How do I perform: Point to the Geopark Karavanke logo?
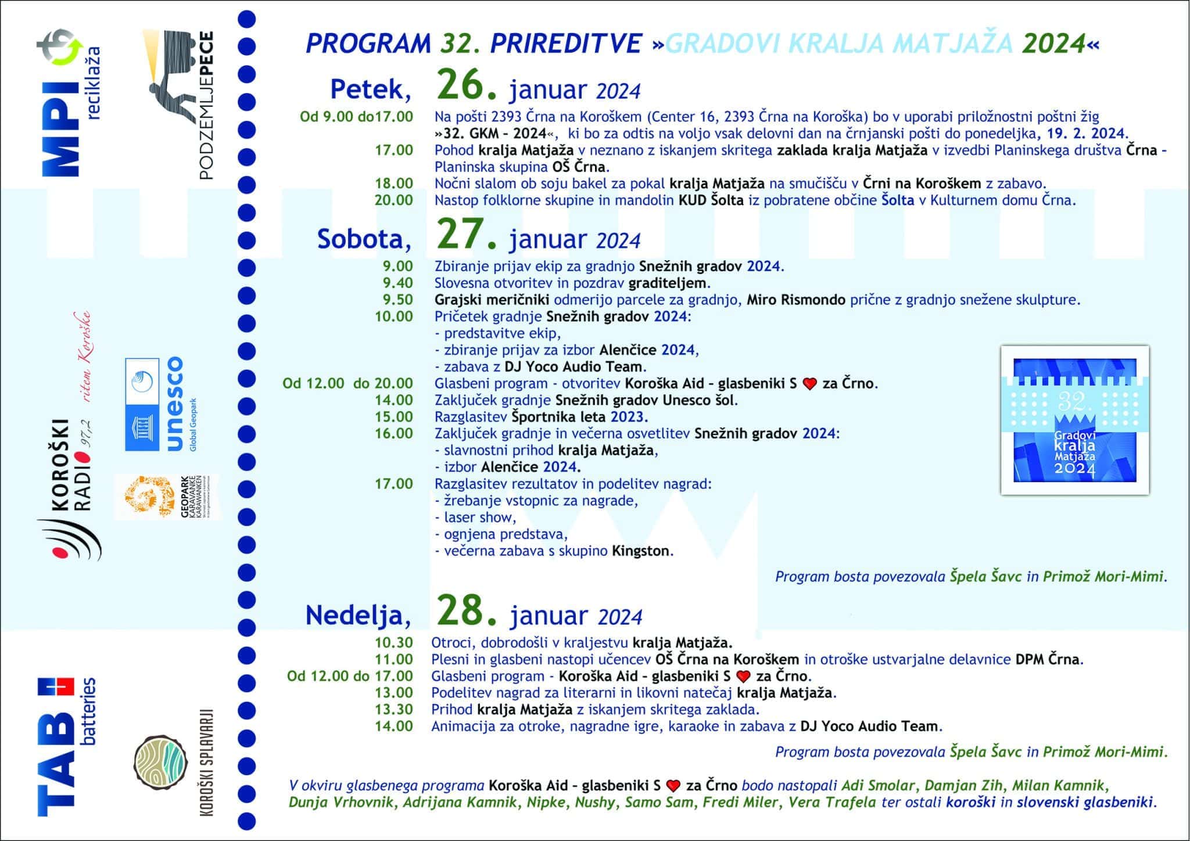(166, 497)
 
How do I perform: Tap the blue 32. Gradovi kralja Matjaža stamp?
(1074, 420)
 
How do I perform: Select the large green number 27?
(467, 235)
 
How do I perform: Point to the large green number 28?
(467, 610)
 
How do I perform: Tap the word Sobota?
(364, 239)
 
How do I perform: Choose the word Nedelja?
(358, 614)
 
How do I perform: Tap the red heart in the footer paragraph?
(672, 786)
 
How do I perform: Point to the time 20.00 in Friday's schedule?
(393, 200)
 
